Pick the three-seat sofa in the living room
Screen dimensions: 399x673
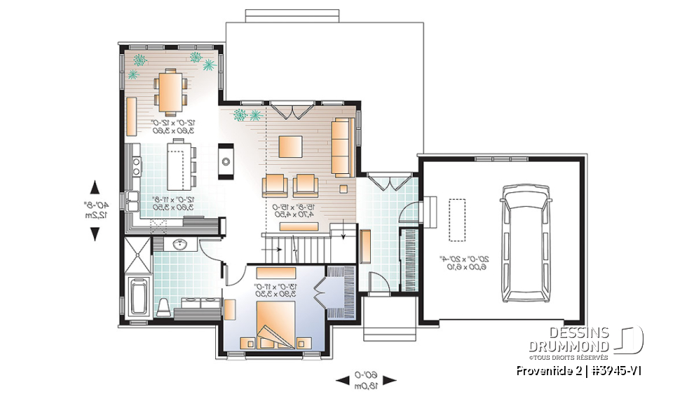click(342, 147)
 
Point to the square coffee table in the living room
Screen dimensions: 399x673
click(290, 146)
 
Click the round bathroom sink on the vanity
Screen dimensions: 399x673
click(179, 245)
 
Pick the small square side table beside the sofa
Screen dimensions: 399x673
click(344, 188)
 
